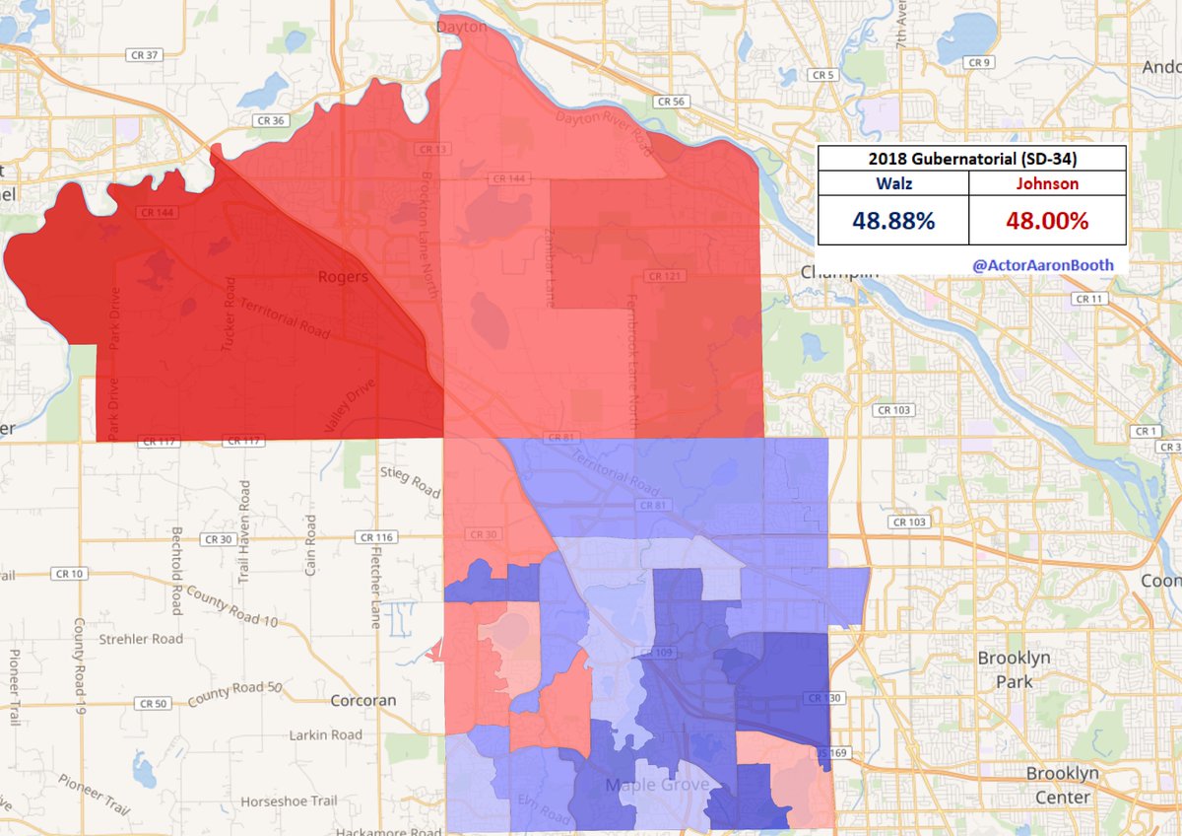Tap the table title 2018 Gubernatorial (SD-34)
(971, 159)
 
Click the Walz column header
(893, 183)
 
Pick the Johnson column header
(1047, 183)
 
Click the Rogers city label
(343, 277)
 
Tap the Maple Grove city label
(658, 786)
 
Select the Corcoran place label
(362, 701)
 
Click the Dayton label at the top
(463, 28)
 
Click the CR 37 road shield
(145, 55)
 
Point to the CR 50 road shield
(153, 703)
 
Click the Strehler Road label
(141, 639)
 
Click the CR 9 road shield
(978, 63)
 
